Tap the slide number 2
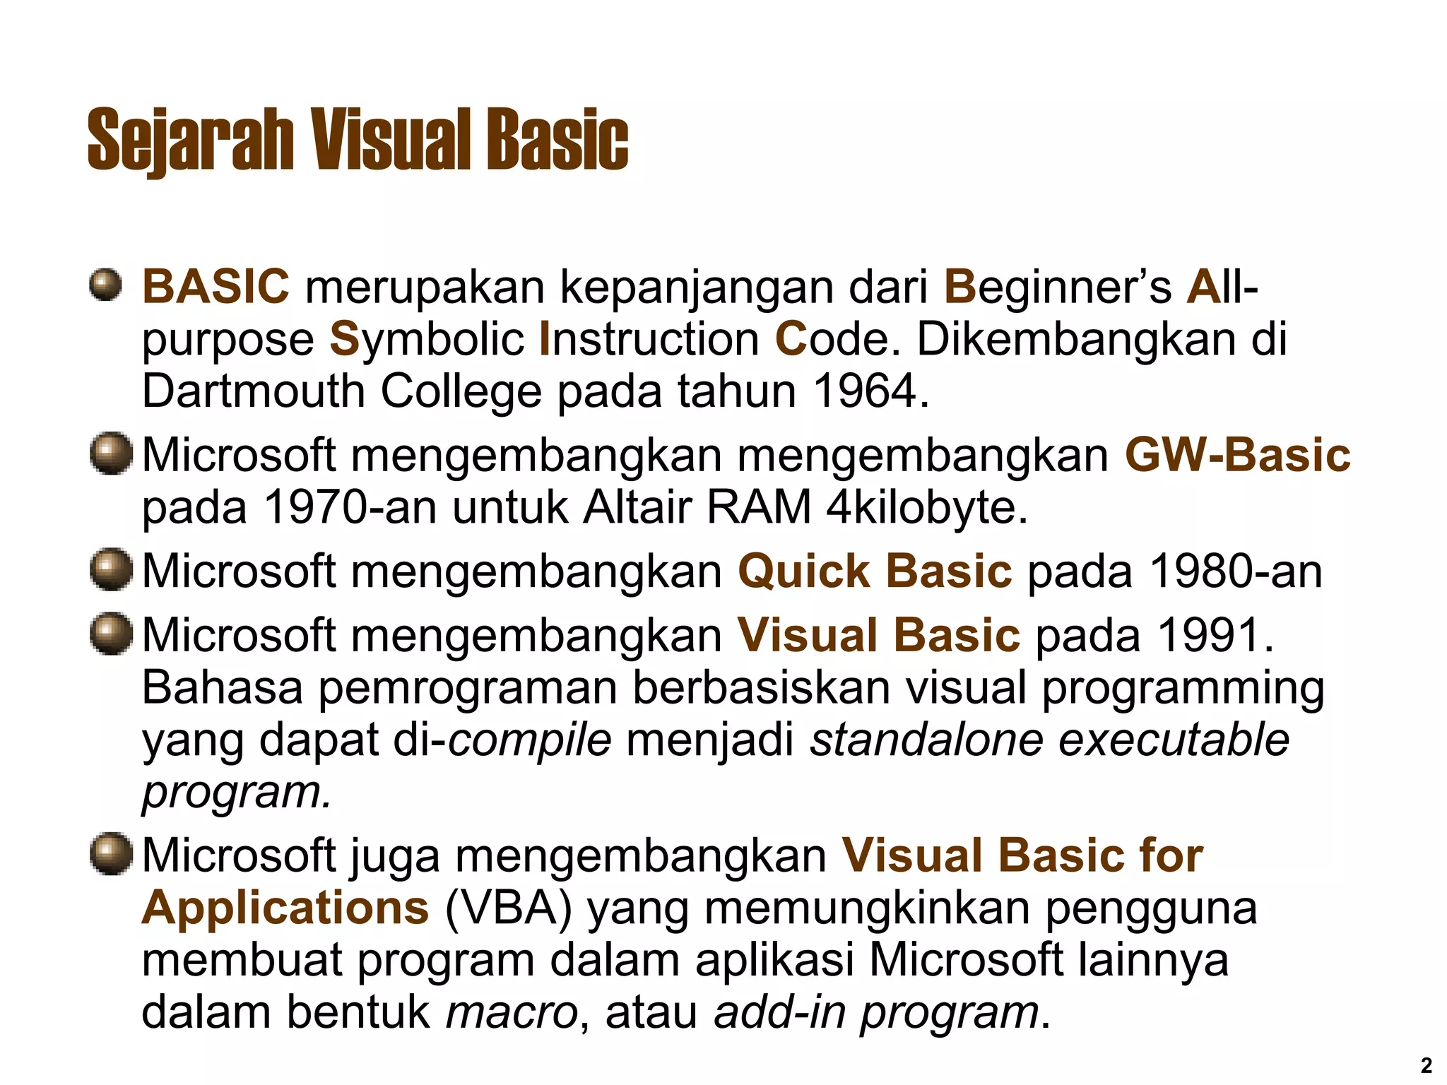[1426, 1065]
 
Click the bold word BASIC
[215, 286]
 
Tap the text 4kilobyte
[926, 506]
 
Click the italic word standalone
[926, 740]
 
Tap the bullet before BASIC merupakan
[105, 286]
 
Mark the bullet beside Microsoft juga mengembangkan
[111, 854]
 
